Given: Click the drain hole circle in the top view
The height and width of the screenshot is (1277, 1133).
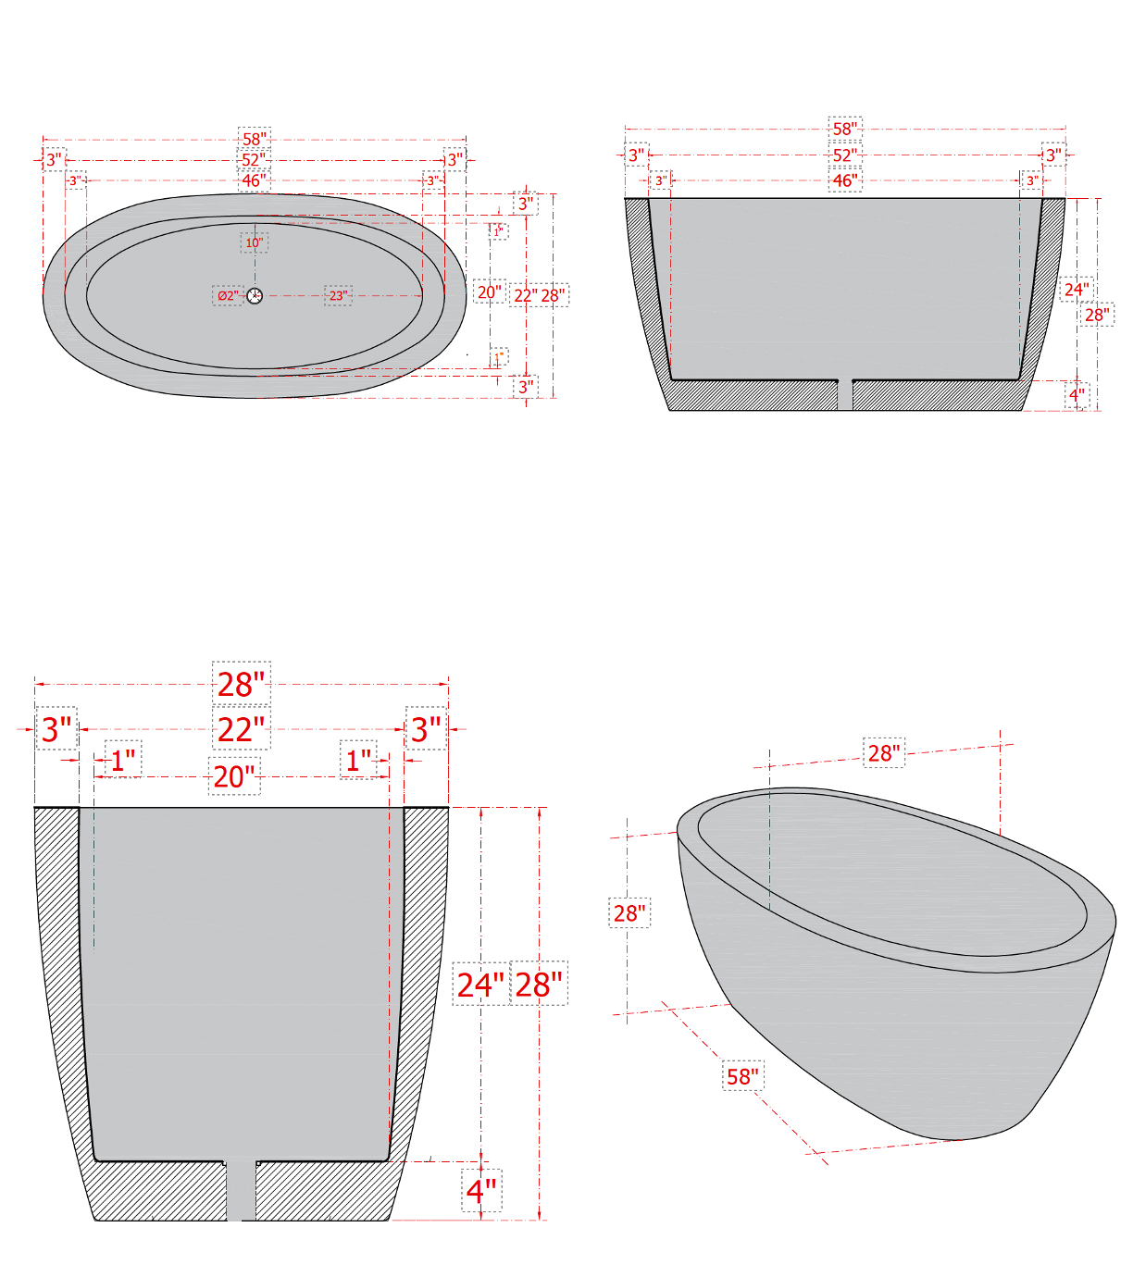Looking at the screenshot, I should pyautogui.click(x=255, y=295).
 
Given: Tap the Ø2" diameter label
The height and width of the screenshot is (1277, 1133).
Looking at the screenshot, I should pyautogui.click(x=227, y=296).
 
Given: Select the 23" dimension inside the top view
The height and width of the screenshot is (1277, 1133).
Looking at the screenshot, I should pyautogui.click(x=338, y=296).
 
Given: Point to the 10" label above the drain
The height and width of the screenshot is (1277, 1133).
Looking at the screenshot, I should pyautogui.click(x=255, y=243).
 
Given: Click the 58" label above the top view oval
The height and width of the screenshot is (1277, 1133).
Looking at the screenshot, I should pyautogui.click(x=255, y=139).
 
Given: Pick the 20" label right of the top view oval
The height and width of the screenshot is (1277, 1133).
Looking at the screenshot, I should pyautogui.click(x=489, y=292).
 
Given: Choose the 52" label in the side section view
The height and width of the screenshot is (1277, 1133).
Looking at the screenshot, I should pyautogui.click(x=844, y=155).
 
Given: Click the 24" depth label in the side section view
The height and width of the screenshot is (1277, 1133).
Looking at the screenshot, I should pyautogui.click(x=1076, y=290).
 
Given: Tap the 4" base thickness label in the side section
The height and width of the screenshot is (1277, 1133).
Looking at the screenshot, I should pyautogui.click(x=1077, y=395).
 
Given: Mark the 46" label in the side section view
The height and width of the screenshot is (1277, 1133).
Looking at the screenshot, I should pyautogui.click(x=844, y=180).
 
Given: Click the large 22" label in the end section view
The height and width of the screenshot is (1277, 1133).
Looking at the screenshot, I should pyautogui.click(x=241, y=730).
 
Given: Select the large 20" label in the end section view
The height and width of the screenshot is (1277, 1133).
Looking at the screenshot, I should pyautogui.click(x=234, y=777).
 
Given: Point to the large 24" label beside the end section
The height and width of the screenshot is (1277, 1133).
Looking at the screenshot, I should pyautogui.click(x=480, y=985).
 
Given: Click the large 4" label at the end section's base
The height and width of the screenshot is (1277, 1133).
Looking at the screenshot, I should pyautogui.click(x=481, y=1190).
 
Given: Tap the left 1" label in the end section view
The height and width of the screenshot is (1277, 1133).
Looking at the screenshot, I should pyautogui.click(x=123, y=761).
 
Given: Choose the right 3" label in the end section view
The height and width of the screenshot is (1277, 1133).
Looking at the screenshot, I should pyautogui.click(x=426, y=729).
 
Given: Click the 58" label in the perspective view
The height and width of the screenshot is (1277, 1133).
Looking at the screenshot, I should pyautogui.click(x=742, y=1076).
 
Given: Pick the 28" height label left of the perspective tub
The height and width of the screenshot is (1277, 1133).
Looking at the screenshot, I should pyautogui.click(x=629, y=913).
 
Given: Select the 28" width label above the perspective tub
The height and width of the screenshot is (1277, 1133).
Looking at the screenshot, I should pyautogui.click(x=884, y=753).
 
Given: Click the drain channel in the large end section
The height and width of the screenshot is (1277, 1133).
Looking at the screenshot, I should pyautogui.click(x=242, y=1191).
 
